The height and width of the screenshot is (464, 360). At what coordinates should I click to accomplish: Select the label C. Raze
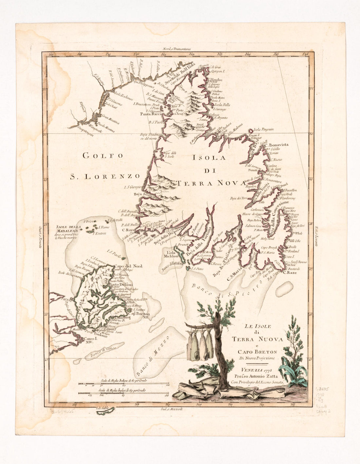[290, 272]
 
